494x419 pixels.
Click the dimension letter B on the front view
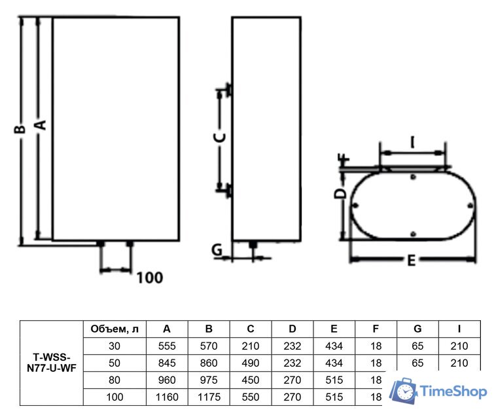[20, 129]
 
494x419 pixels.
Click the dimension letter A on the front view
[41, 125]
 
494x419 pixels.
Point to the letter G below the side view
[217, 249]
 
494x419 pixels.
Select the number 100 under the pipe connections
[150, 278]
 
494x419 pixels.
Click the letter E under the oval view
[412, 261]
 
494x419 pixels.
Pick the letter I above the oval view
[412, 142]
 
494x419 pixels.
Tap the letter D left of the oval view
[340, 194]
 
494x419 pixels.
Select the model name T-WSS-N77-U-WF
[52, 363]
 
